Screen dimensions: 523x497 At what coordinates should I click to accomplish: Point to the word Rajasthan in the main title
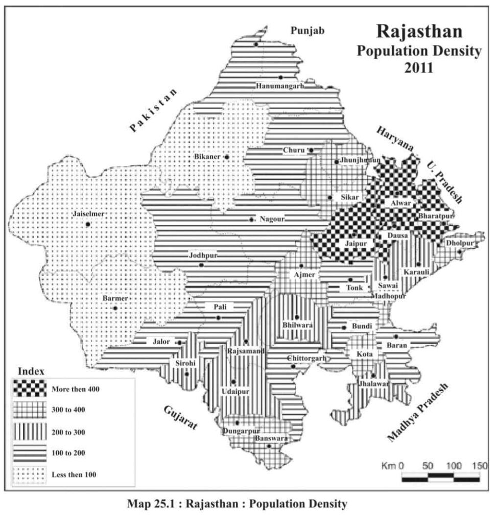pyautogui.click(x=419, y=31)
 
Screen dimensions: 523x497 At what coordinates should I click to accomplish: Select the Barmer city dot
pyautogui.click(x=115, y=308)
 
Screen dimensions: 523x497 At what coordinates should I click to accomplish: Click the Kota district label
pyautogui.click(x=365, y=354)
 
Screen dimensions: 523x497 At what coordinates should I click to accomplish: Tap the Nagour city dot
pyautogui.click(x=251, y=220)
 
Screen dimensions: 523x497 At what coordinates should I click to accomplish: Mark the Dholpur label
pyautogui.click(x=460, y=243)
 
